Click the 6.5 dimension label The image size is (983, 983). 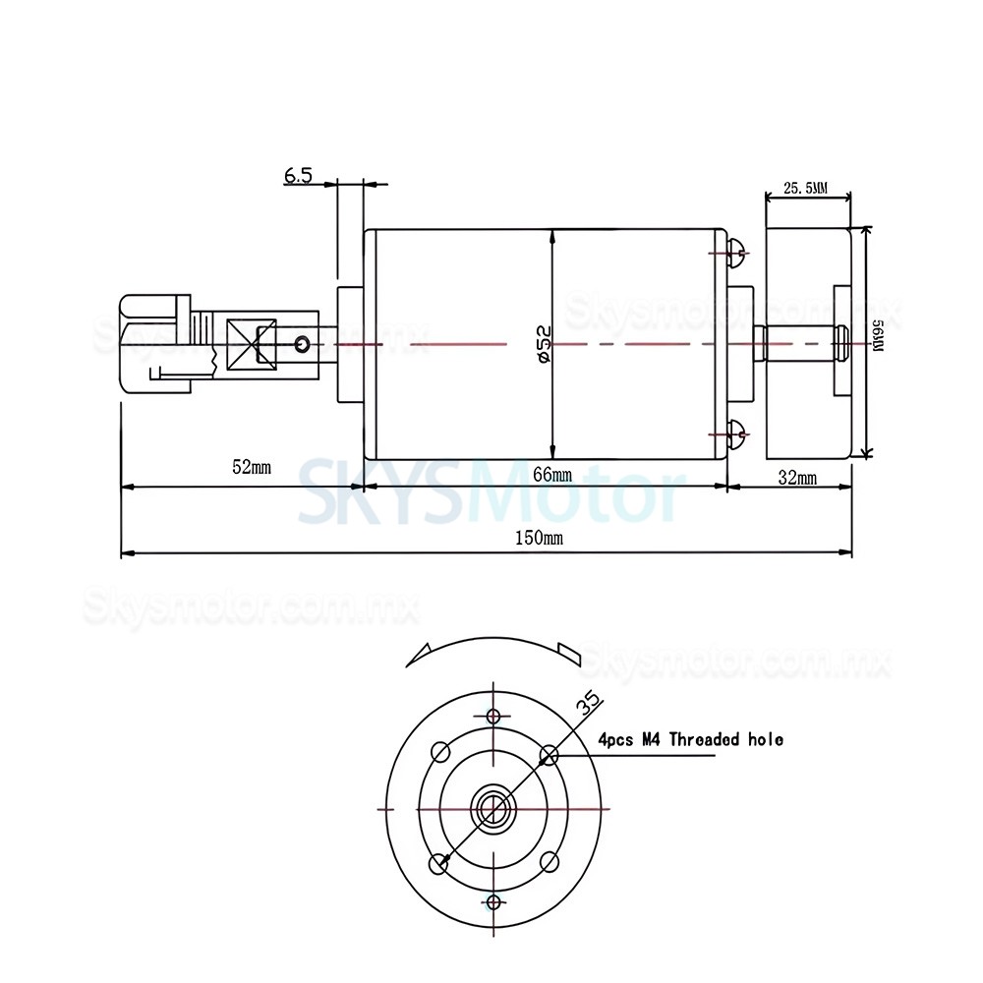click(298, 176)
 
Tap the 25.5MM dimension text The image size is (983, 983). click(805, 188)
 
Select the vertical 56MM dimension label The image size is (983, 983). click(877, 343)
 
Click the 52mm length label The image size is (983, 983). click(250, 468)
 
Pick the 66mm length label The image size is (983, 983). click(551, 475)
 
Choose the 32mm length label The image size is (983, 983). click(796, 479)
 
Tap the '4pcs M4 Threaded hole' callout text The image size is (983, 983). click(691, 739)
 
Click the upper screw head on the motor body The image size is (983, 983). click(737, 256)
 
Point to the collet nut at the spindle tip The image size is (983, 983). click(152, 343)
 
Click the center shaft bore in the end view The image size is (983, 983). click(493, 807)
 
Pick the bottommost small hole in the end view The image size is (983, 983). click(493, 900)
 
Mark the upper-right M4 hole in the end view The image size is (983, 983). click(549, 754)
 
